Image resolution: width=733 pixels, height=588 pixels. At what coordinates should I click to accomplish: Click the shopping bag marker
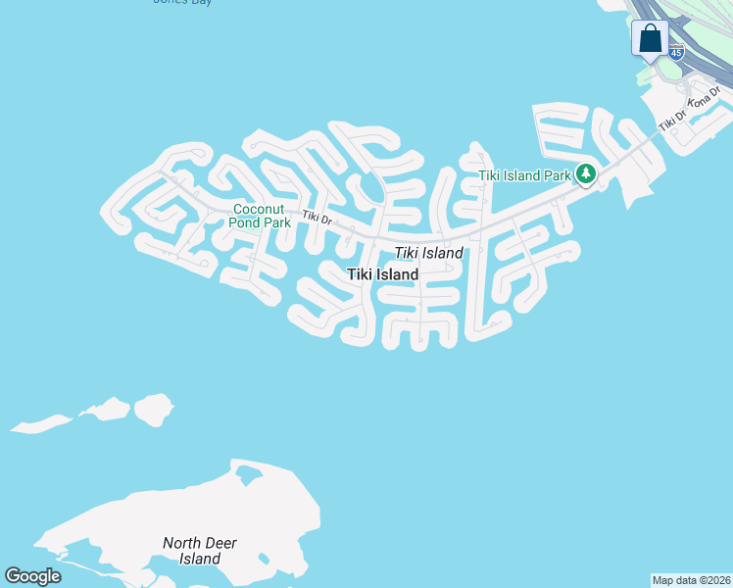tap(650, 40)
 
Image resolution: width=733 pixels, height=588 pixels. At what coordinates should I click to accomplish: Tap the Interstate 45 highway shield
tap(676, 53)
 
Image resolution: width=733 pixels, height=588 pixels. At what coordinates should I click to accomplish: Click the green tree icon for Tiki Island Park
tap(586, 174)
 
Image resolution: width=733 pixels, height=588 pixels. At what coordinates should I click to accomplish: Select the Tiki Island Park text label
tap(524, 176)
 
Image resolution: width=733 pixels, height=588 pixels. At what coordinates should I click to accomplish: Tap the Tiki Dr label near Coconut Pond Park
tap(318, 220)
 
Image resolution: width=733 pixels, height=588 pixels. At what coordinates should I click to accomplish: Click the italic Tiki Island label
tap(429, 254)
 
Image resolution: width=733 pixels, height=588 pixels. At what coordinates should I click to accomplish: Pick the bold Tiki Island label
tap(383, 275)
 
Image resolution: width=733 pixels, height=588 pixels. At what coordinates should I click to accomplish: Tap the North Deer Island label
tap(200, 551)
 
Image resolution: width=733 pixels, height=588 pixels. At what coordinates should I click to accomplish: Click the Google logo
tap(32, 576)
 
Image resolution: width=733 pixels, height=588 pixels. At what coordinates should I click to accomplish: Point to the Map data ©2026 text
tap(691, 580)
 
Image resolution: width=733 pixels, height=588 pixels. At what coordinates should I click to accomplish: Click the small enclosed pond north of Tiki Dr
tap(372, 187)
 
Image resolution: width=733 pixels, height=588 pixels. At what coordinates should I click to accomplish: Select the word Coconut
tap(259, 209)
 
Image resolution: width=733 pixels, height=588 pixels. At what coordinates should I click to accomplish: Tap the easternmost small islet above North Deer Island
tap(153, 409)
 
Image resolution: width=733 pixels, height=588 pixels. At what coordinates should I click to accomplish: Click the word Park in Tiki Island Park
tap(556, 176)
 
